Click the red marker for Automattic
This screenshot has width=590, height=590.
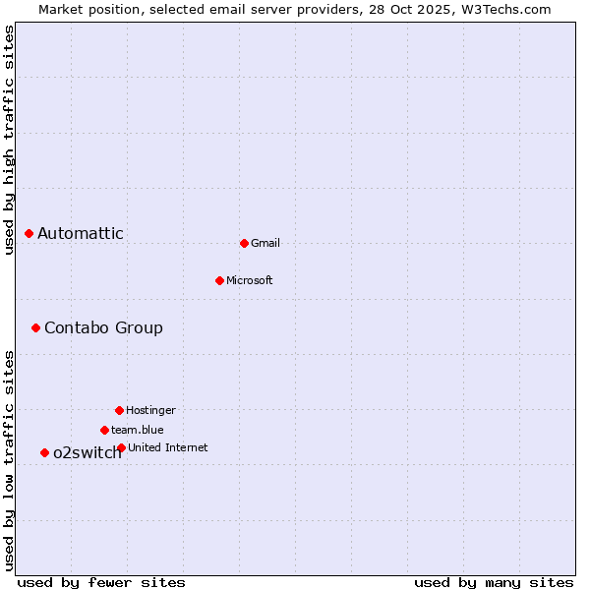29,233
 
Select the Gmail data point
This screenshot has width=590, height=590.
244,243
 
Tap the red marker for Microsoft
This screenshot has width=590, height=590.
219,280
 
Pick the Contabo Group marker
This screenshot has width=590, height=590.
35,327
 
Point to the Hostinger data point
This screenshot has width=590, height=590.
119,410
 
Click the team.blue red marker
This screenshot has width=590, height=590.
104,430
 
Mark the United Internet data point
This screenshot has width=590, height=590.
121,447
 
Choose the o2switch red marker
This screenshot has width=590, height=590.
44,452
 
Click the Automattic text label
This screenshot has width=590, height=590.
81,233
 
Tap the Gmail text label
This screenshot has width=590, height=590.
265,244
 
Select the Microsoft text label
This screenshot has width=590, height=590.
250,281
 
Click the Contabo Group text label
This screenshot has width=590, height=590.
103,327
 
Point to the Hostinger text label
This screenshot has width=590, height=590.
150,411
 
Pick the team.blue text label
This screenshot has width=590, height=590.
138,431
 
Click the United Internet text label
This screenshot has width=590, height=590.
168,448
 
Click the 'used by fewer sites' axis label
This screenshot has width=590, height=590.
101,582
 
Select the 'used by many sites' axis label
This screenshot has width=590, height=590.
494,582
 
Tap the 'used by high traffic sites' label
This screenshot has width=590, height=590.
9,140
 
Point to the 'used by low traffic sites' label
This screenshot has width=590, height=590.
9,460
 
